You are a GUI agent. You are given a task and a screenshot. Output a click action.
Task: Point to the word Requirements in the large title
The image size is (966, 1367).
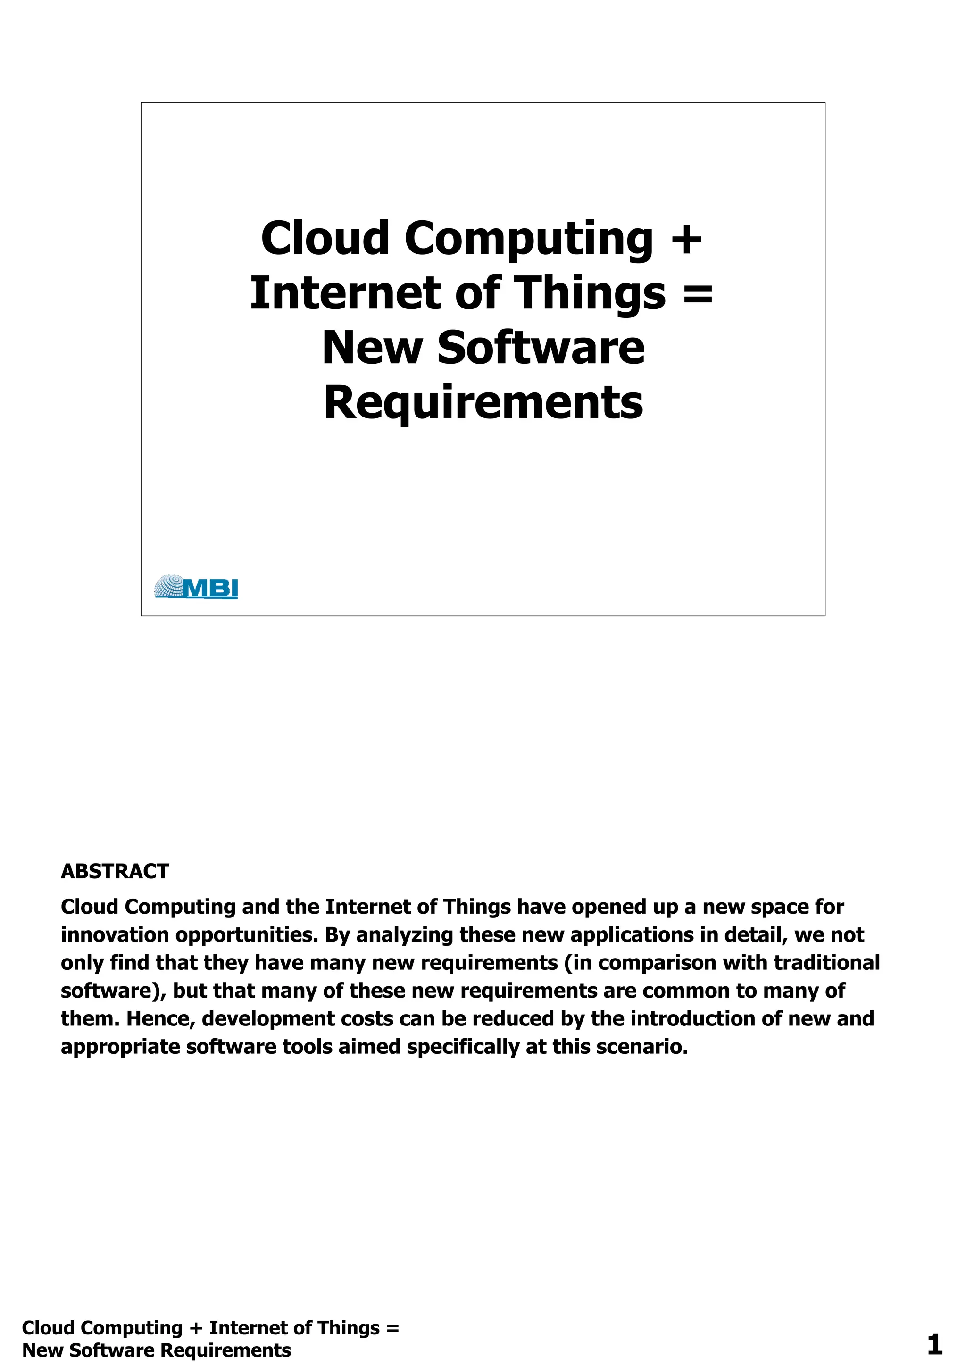click(x=483, y=403)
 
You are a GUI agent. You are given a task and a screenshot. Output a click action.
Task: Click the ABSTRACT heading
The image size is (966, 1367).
click(x=115, y=872)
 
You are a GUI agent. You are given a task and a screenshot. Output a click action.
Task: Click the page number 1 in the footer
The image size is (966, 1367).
click(x=934, y=1344)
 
